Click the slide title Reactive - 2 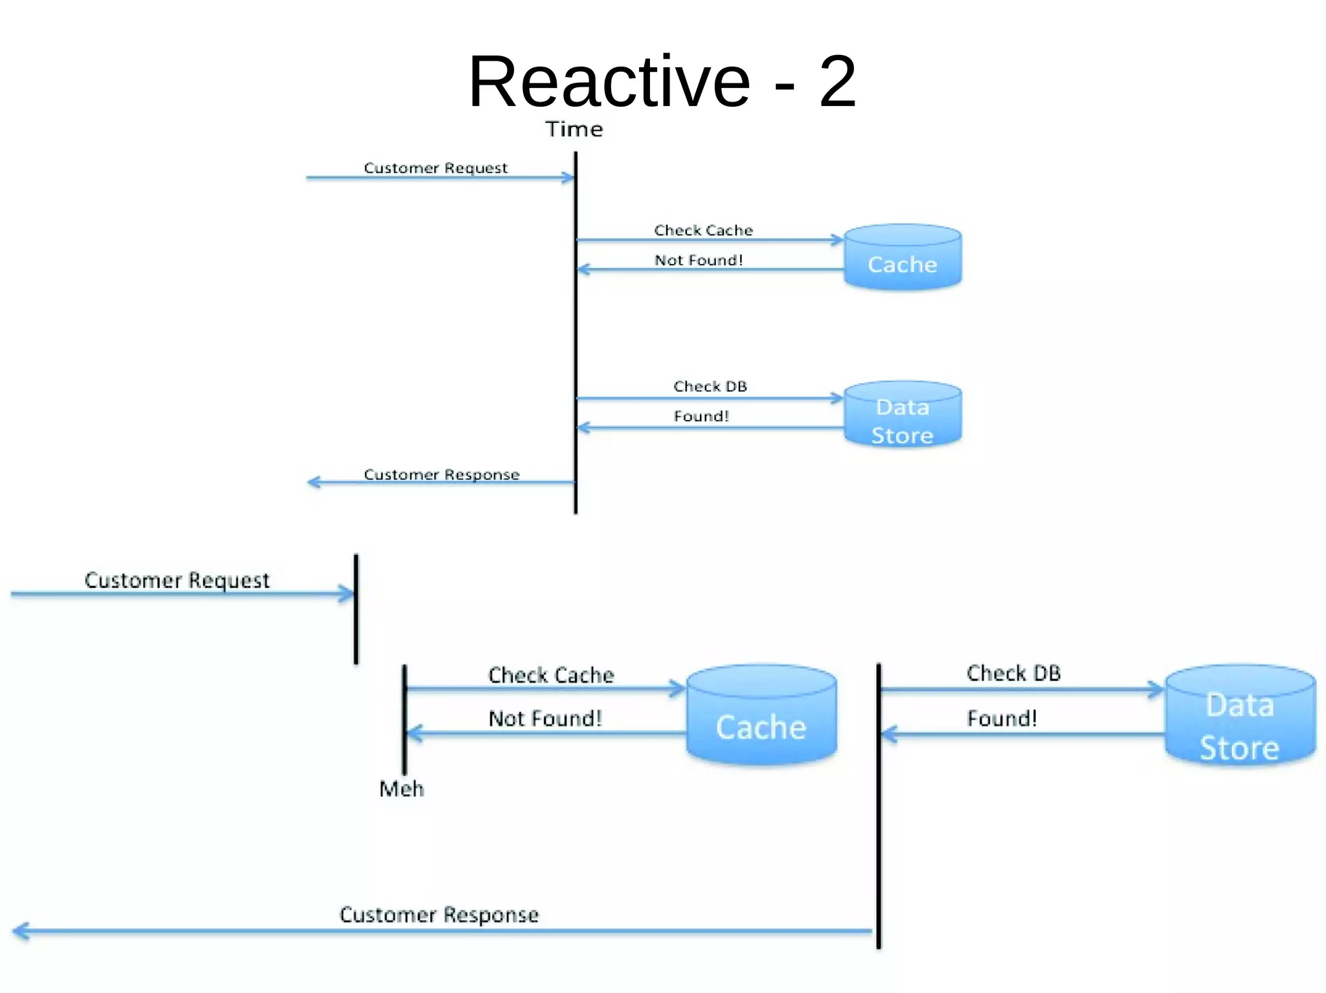[x=662, y=82]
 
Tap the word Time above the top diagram [x=574, y=129]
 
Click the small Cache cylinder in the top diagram [x=903, y=257]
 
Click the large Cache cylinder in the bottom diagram [x=761, y=715]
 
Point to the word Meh [x=401, y=789]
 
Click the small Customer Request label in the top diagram [x=435, y=168]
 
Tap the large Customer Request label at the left [x=177, y=580]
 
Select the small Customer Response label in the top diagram [x=442, y=475]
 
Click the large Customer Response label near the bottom [x=439, y=915]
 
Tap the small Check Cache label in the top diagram [x=703, y=230]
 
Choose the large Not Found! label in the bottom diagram [x=545, y=719]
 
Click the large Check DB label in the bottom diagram [x=1013, y=673]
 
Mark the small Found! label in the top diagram [x=701, y=416]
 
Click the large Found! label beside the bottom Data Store [x=1002, y=719]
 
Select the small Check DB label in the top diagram [x=710, y=386]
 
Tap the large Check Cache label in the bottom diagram [x=551, y=675]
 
